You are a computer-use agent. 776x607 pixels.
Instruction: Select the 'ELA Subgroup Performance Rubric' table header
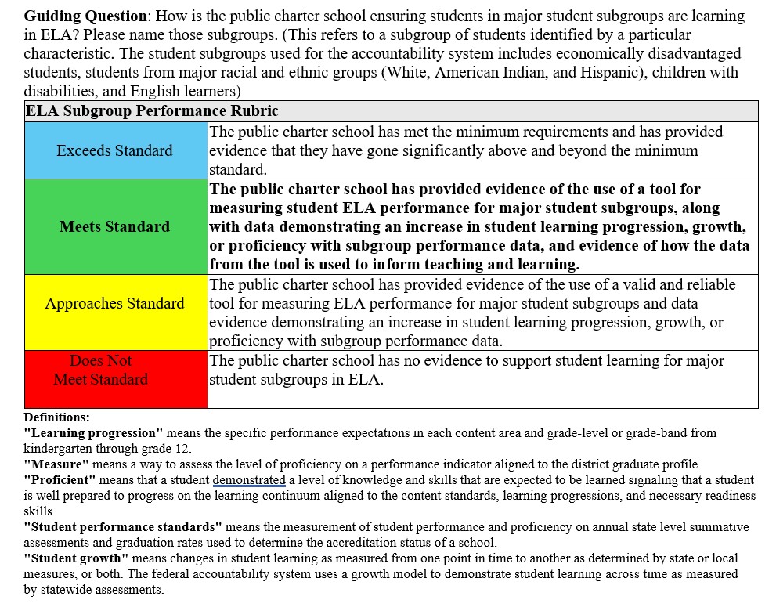tap(152, 111)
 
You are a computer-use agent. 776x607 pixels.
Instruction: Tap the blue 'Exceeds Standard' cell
tap(115, 150)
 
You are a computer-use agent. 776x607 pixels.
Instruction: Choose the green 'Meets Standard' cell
tap(115, 227)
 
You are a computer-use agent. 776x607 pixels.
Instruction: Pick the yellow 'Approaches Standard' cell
tap(115, 304)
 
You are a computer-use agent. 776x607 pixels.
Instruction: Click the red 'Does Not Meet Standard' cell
tap(101, 370)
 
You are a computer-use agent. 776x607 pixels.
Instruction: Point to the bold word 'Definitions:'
tap(56, 417)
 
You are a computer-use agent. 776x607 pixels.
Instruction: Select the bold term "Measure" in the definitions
tap(56, 464)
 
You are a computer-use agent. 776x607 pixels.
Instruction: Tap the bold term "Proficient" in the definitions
tap(60, 479)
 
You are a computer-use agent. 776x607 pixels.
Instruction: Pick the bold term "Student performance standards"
tap(123, 526)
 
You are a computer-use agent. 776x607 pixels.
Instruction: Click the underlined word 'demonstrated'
tap(248, 479)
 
